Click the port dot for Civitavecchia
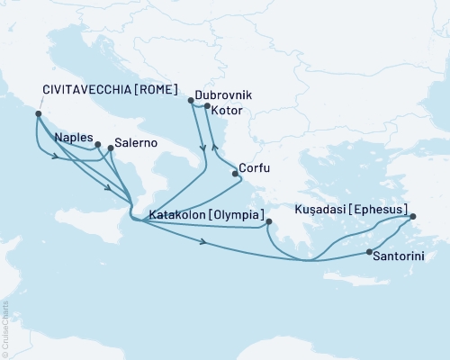pos(37,114)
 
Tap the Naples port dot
pos(97,144)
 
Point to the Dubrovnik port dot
pos(191,101)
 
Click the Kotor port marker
pos(207,108)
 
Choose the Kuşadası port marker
pos(413,217)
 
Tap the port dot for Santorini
pos(369,253)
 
